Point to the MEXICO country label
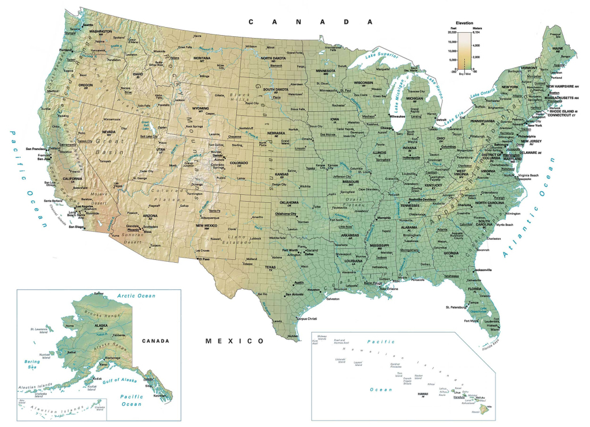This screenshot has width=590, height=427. [235, 341]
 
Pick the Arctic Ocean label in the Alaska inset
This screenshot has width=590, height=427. [136, 296]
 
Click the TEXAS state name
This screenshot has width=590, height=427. [271, 267]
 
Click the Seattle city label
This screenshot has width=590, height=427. [88, 25]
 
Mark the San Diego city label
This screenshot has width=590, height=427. [75, 226]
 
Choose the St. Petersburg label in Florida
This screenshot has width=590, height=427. [455, 307]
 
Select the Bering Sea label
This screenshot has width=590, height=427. [30, 364]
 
